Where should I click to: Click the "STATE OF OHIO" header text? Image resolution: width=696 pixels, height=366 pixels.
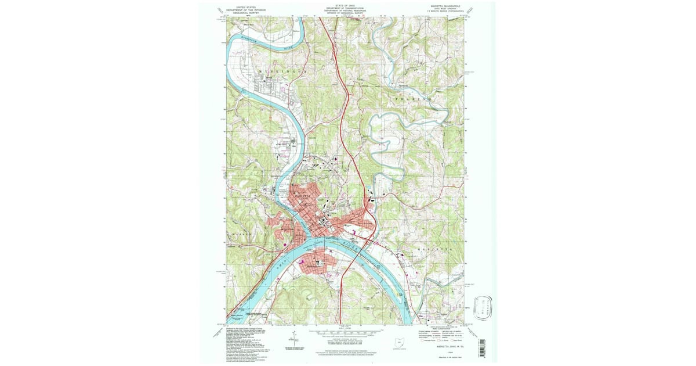pos(347,5)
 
